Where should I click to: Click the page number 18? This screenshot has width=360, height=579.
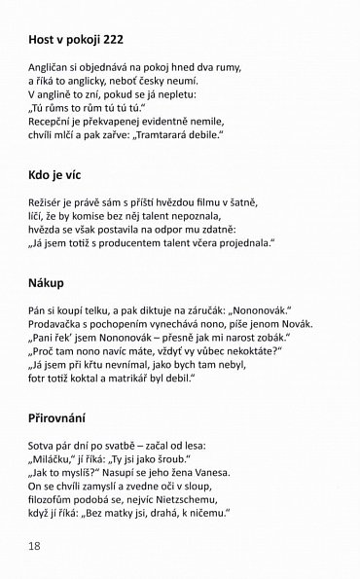34,546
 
